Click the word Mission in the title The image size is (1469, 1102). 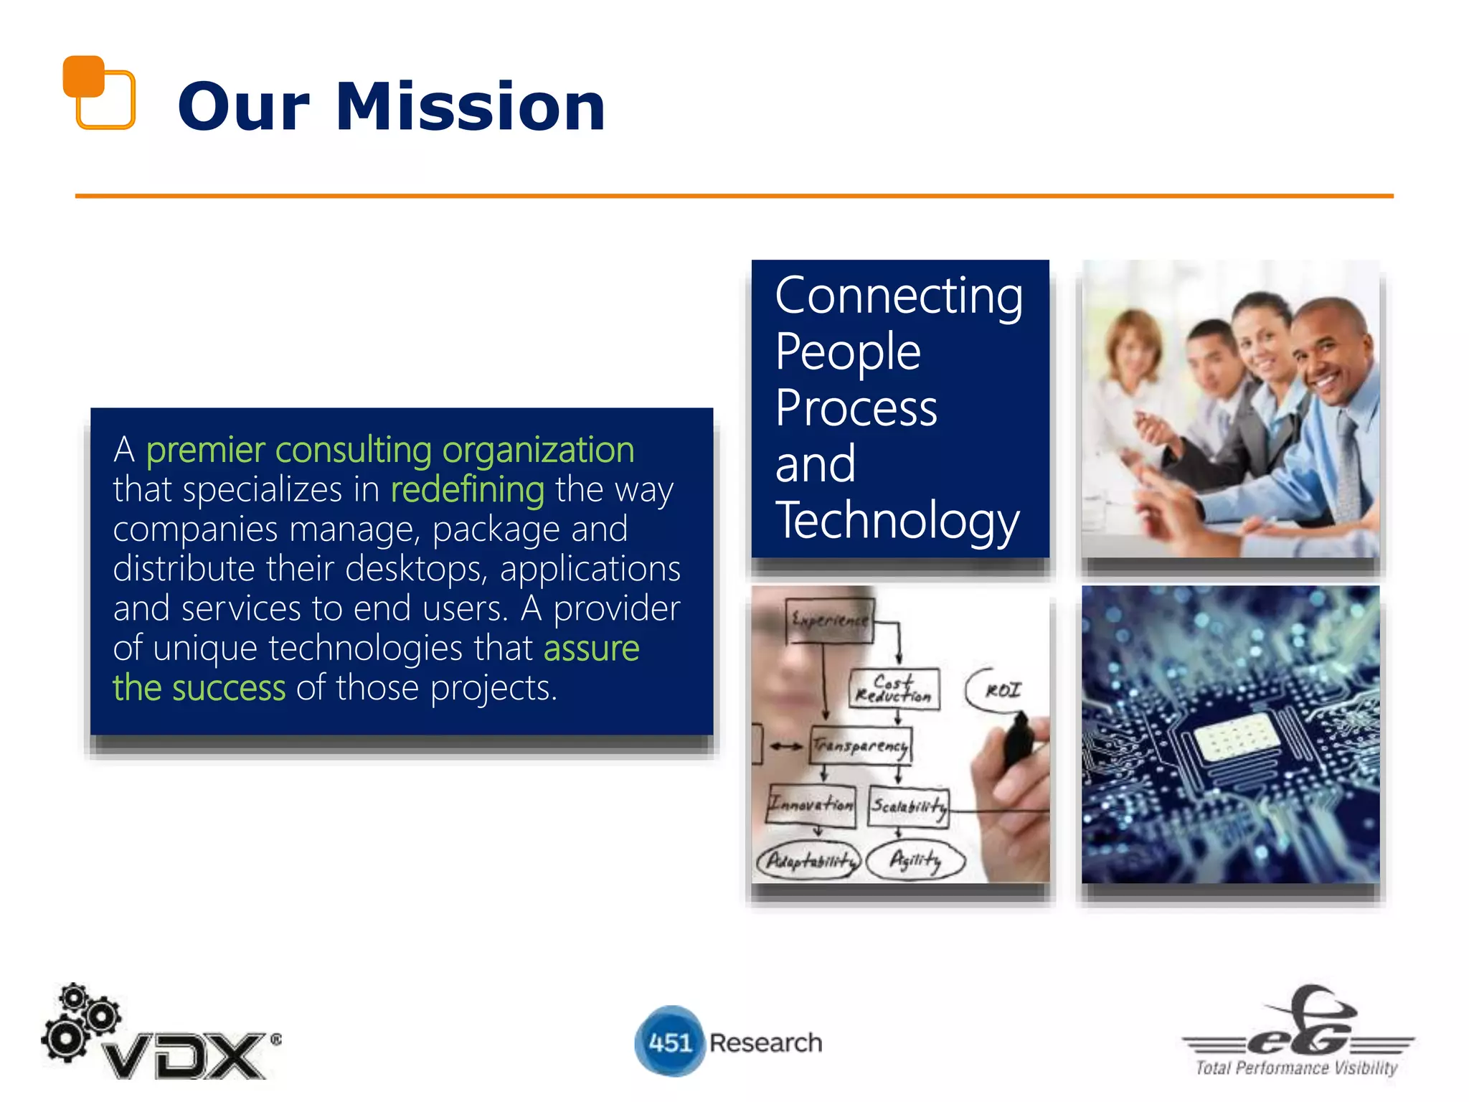click(471, 107)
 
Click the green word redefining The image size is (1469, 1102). click(467, 490)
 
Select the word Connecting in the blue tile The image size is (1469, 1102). click(899, 296)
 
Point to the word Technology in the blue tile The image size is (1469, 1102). click(897, 520)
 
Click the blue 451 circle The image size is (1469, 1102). click(669, 1042)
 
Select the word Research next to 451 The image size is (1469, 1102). click(765, 1042)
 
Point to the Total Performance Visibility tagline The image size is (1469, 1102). click(1296, 1068)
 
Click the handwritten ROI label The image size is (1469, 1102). click(1001, 690)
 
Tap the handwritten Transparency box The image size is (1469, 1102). click(861, 746)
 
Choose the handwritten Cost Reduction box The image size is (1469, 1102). click(894, 689)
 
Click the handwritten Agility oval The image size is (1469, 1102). click(915, 860)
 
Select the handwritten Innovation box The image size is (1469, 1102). click(811, 805)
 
